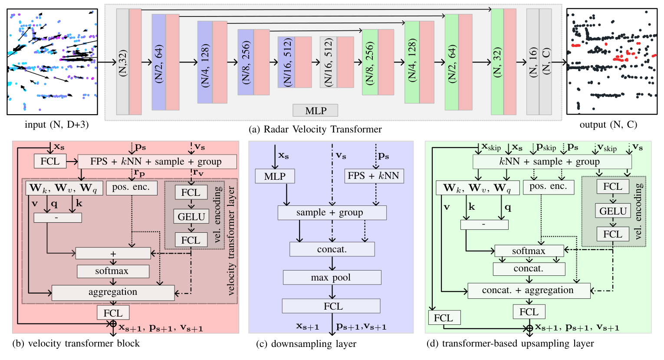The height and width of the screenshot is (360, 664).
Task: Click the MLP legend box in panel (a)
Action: (x=315, y=111)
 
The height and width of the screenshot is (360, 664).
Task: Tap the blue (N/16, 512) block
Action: (x=286, y=62)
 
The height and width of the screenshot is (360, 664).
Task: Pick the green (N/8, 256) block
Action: (x=370, y=62)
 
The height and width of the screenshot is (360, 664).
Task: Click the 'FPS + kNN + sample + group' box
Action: (x=157, y=162)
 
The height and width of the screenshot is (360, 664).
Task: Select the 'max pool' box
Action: (x=332, y=277)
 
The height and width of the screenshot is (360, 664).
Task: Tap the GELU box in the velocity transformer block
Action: (x=191, y=216)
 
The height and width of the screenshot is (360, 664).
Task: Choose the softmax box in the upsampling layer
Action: (x=529, y=251)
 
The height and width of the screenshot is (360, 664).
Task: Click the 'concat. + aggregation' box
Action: (x=529, y=291)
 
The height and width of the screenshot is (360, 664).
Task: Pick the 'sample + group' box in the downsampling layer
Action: (x=332, y=212)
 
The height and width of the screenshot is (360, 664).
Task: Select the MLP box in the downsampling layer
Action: (x=275, y=176)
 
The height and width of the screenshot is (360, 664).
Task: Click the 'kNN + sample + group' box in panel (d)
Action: (x=552, y=162)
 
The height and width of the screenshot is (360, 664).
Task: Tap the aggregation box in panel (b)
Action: (x=113, y=293)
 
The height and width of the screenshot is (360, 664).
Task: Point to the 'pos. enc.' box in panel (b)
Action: (x=131, y=188)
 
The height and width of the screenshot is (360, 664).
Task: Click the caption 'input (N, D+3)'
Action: (x=56, y=125)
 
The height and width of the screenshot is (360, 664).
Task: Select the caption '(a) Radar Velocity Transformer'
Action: (x=315, y=129)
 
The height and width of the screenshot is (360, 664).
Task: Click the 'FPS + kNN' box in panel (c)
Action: (x=374, y=176)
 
